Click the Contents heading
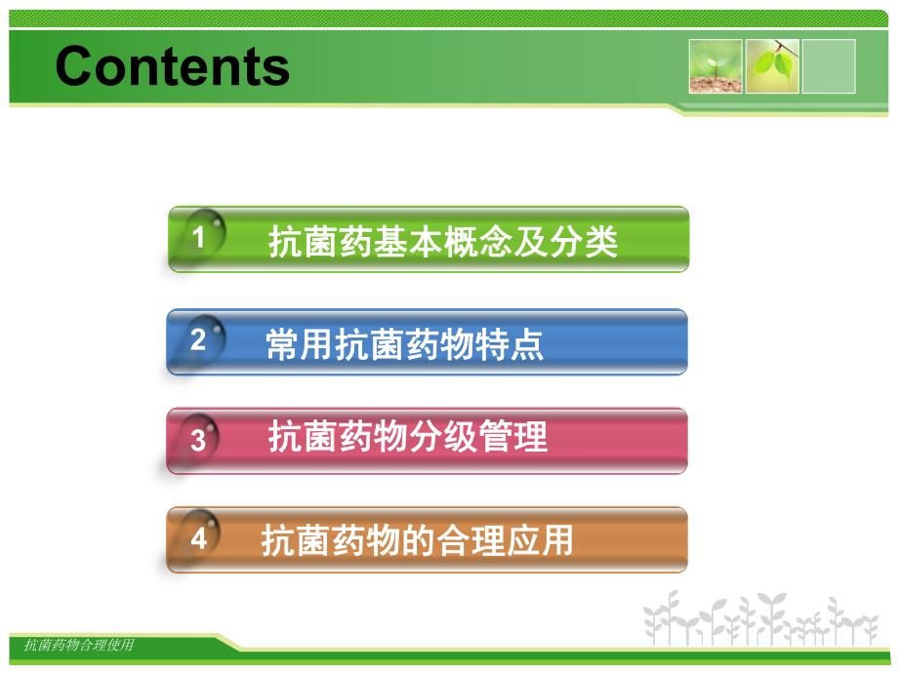[x=173, y=67]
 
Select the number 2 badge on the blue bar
[x=198, y=340]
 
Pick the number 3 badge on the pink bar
[x=198, y=440]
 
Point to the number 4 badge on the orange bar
[x=198, y=538]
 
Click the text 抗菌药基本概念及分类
[x=443, y=242]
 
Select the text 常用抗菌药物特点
[x=404, y=345]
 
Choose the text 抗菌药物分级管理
[x=407, y=438]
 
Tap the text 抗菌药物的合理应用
[x=417, y=539]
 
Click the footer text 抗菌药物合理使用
[x=79, y=645]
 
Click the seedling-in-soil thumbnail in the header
[x=714, y=66]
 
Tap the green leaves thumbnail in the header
[x=773, y=66]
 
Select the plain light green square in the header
[x=829, y=66]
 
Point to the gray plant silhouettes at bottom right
[x=760, y=619]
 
